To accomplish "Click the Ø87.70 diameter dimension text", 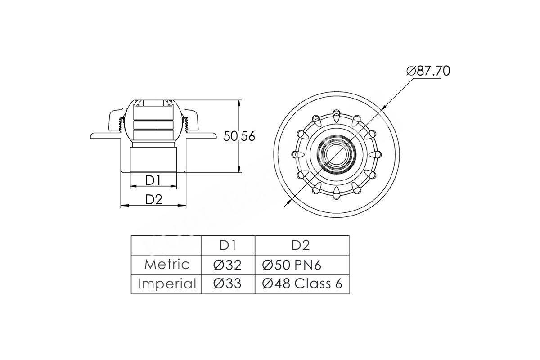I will (x=428, y=71).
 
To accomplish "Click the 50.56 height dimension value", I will (x=239, y=136).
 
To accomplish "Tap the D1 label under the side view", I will (x=153, y=180).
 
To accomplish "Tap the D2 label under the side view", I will (x=153, y=199).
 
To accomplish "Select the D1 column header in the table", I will (x=228, y=245).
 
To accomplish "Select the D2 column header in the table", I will (x=301, y=245).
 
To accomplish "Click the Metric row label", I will (x=166, y=265).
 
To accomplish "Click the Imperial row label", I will (x=166, y=284).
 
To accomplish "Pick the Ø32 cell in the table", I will (x=228, y=265).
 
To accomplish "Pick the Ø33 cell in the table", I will (x=228, y=284).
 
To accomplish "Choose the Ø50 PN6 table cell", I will (x=292, y=265).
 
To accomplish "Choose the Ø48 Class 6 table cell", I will (x=302, y=284).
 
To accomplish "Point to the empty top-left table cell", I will (x=166, y=245).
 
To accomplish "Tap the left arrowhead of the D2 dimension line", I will (x=124, y=206).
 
